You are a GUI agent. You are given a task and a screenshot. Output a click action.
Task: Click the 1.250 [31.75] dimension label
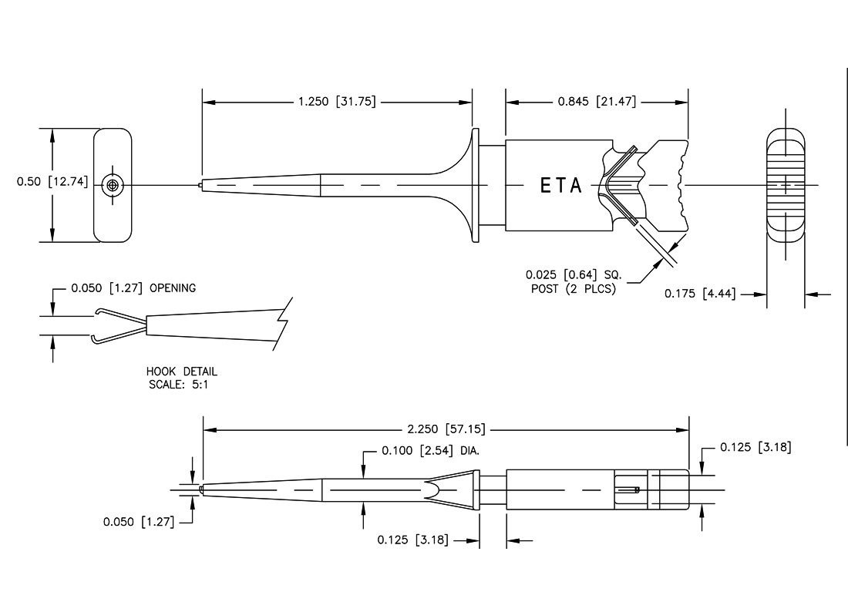click(x=337, y=102)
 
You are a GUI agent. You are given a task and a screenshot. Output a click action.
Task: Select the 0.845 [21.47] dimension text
click(x=597, y=102)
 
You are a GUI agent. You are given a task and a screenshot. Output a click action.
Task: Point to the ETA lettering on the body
click(x=560, y=186)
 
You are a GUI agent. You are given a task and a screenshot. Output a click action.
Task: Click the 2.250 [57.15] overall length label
click(x=446, y=429)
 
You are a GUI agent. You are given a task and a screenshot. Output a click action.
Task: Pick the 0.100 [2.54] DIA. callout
click(x=431, y=451)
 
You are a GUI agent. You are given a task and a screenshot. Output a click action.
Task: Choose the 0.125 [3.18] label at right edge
click(x=755, y=447)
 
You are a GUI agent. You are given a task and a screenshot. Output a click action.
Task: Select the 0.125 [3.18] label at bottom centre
click(x=416, y=540)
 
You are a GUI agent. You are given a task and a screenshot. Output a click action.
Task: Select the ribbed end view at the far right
click(x=785, y=186)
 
